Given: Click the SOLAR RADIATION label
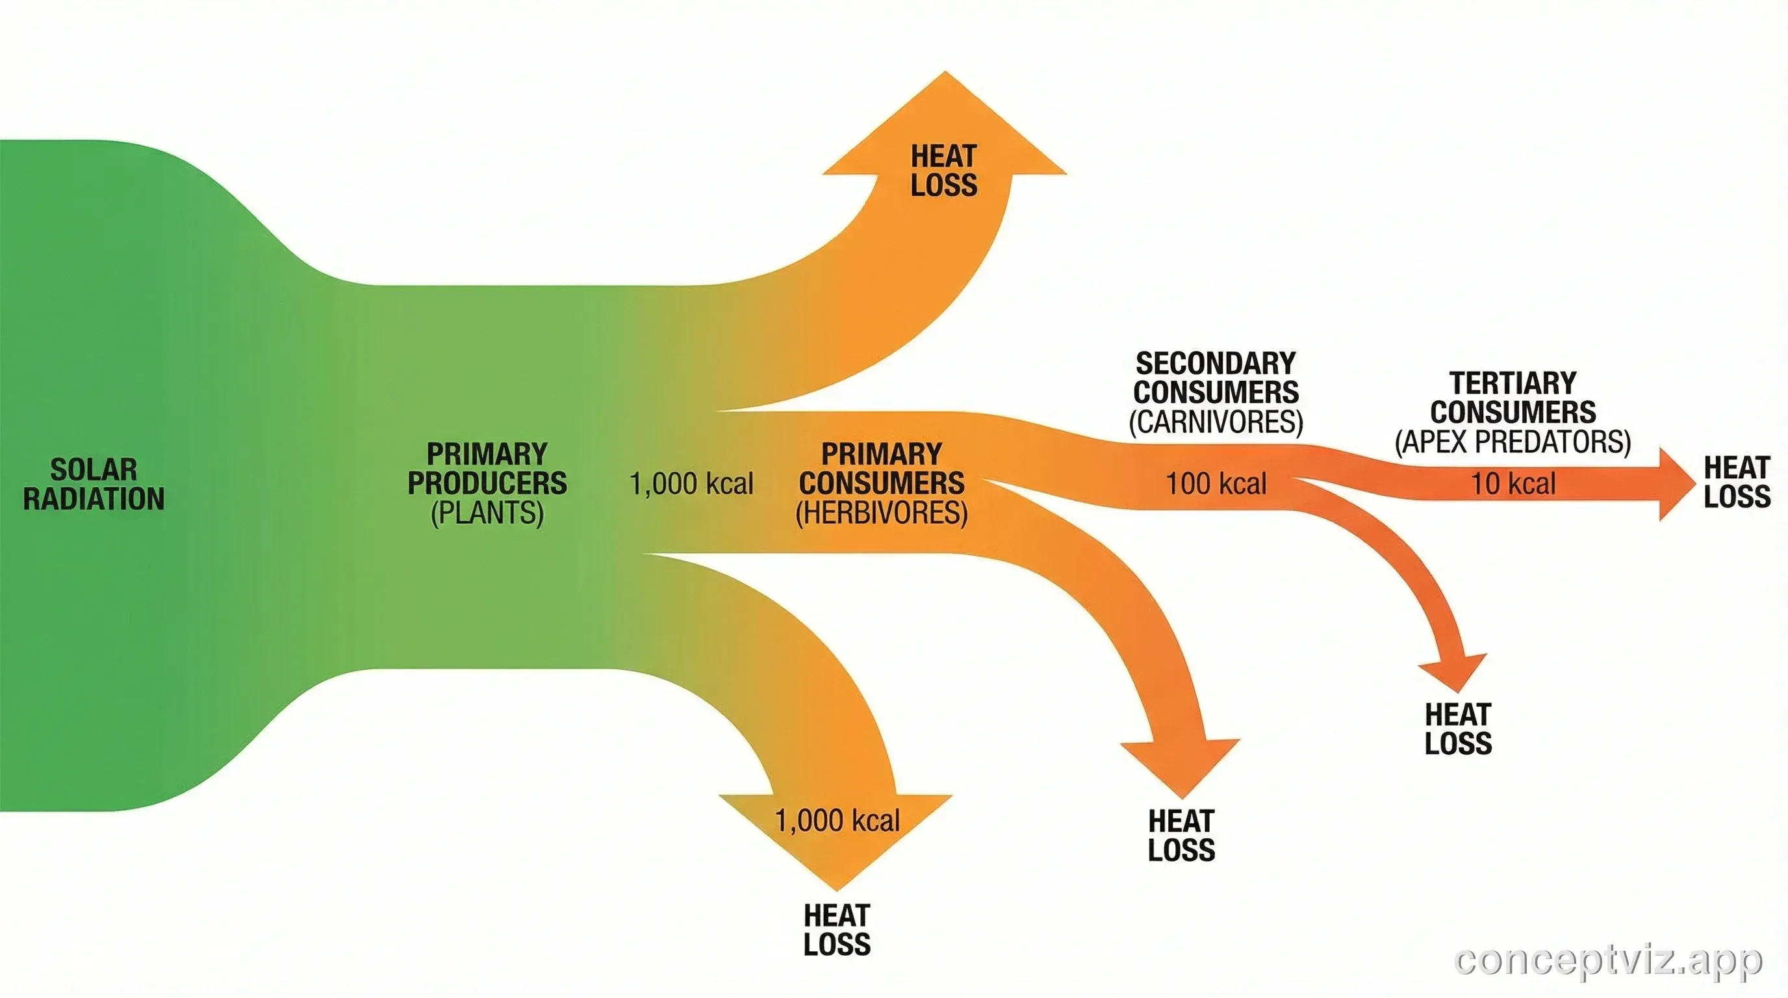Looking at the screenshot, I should point(94,484).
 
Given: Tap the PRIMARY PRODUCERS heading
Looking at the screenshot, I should point(487,468).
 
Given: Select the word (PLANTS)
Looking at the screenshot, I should point(487,513).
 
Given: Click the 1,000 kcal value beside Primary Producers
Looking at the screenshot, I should point(691,484).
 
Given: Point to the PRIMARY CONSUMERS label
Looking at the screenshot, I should point(882,468).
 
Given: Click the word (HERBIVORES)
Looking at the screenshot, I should point(882,513).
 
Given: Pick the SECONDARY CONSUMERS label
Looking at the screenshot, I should point(1216,377).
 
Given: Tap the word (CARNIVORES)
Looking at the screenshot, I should point(1216,421).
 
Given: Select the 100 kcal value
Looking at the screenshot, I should point(1216,484).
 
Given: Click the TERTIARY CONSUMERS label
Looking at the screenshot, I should point(1513,398).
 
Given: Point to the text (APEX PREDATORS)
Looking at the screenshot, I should point(1513,441).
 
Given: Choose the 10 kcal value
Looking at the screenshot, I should point(1513,484).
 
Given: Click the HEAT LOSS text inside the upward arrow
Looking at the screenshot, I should point(944,171).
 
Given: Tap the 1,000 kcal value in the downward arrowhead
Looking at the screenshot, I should point(837,821).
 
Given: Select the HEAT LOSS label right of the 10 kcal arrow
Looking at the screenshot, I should point(1737,482).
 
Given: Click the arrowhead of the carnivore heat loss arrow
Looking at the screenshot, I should point(1455,672).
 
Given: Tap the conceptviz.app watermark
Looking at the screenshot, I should point(1607,960).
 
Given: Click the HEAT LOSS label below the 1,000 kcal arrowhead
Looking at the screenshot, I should point(837,930).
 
